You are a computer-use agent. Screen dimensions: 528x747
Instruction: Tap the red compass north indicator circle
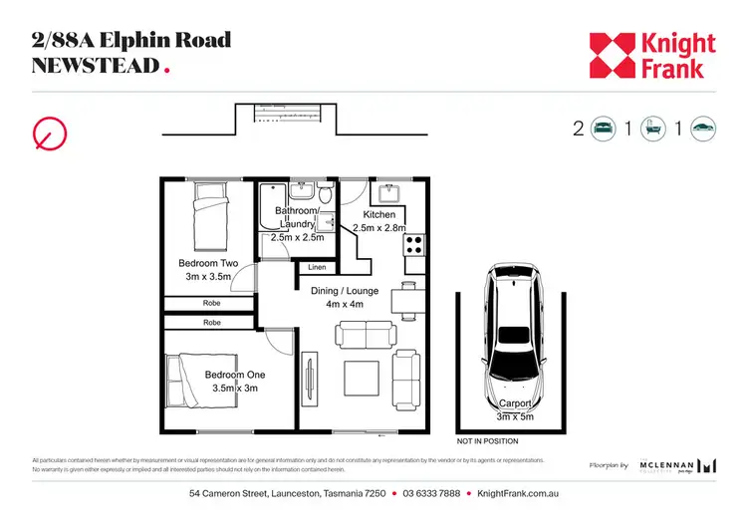click(x=50, y=132)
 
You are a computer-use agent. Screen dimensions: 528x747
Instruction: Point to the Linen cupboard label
click(x=317, y=267)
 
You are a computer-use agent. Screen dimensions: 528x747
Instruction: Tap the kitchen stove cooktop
click(x=412, y=244)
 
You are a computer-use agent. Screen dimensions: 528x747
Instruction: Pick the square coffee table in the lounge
click(x=361, y=379)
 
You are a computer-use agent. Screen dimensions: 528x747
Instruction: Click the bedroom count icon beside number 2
click(x=604, y=129)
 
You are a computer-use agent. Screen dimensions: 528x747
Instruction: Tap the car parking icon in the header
click(x=703, y=129)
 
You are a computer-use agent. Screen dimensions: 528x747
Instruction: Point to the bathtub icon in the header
click(x=653, y=129)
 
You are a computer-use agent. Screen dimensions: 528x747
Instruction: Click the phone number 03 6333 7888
click(x=431, y=494)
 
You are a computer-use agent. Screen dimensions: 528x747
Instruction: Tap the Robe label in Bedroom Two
click(x=212, y=303)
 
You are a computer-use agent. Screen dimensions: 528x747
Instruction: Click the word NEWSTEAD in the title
click(x=96, y=66)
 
